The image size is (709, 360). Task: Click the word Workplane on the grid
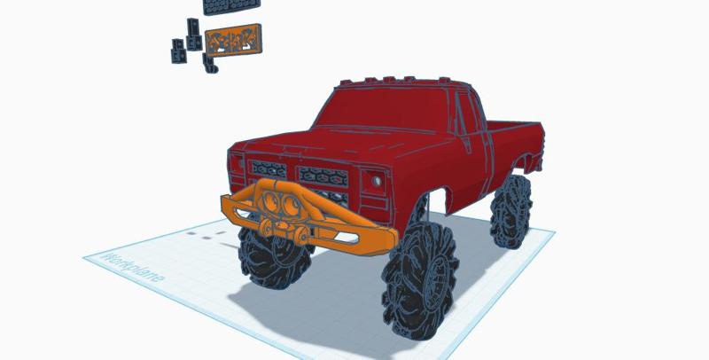[133, 267]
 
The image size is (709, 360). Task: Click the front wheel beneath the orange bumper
[274, 258]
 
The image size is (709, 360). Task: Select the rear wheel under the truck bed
[511, 211]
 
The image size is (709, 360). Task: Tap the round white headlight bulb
[377, 182]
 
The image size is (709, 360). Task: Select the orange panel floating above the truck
[233, 40]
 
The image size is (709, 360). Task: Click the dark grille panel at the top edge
[231, 6]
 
